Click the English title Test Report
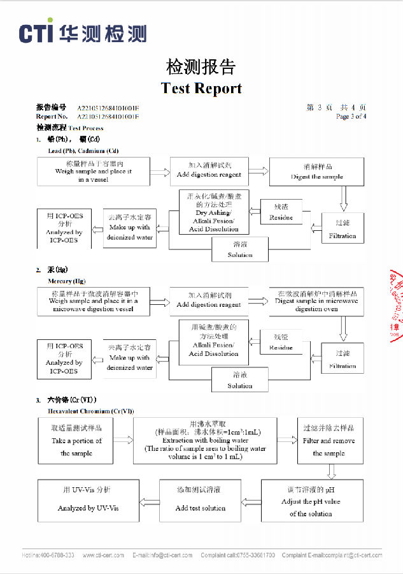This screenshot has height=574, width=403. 201,88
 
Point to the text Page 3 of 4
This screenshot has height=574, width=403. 351,117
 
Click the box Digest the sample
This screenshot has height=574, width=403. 316,172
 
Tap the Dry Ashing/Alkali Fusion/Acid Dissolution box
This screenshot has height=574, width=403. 214,212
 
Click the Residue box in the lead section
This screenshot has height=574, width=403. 281,212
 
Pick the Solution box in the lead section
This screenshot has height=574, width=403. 240,249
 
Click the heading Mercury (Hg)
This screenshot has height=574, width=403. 66,281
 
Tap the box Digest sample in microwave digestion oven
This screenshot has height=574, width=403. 316,301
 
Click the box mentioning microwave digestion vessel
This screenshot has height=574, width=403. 93,301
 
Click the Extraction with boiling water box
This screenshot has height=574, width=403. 205,440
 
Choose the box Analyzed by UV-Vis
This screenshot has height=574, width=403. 88,502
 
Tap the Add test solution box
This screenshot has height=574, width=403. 200,502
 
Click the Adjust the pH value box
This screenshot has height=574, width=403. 311,502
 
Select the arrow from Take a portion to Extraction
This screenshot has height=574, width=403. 124,439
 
